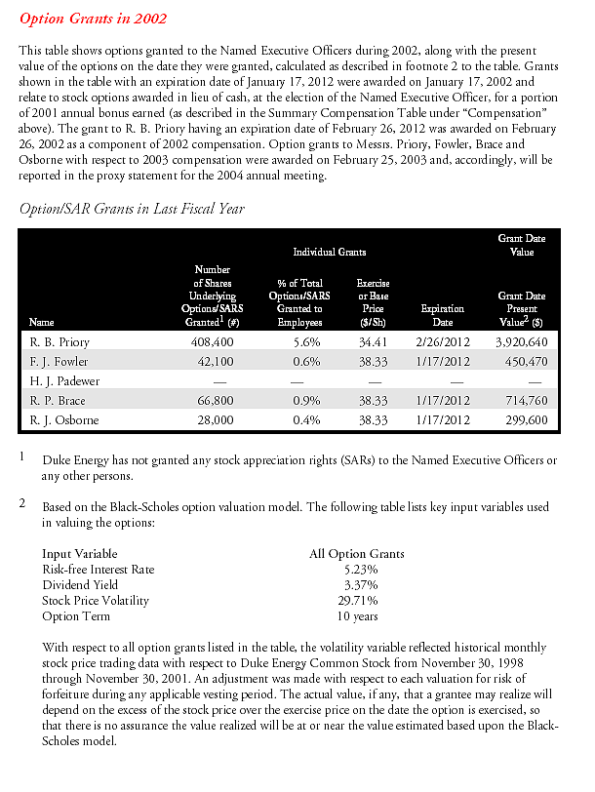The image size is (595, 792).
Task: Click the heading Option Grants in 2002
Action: click(93, 19)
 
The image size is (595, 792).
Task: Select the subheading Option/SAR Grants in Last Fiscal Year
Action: click(132, 209)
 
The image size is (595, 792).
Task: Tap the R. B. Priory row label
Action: click(57, 343)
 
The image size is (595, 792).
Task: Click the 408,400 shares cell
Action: click(213, 343)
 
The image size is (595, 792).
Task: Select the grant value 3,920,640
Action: click(521, 343)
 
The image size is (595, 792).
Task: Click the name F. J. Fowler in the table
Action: click(57, 362)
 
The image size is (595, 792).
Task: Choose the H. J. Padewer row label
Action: click(60, 381)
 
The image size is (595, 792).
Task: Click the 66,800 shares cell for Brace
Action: click(216, 401)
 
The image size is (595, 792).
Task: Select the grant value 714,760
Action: click(525, 401)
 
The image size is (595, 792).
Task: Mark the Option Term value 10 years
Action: click(356, 615)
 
